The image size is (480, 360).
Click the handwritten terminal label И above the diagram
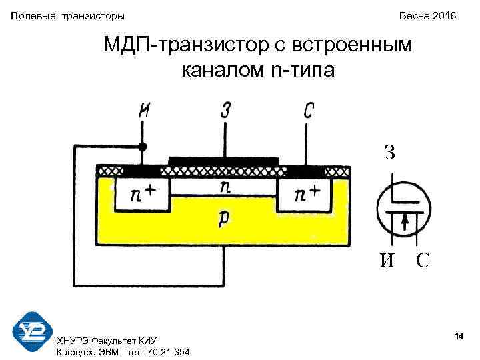click(x=144, y=111)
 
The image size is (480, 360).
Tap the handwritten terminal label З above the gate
click(x=225, y=111)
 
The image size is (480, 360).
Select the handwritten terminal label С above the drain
click(x=308, y=111)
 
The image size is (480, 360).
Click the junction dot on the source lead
click(x=143, y=145)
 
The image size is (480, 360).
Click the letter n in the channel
click(x=226, y=187)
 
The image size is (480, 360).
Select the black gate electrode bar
click(x=223, y=161)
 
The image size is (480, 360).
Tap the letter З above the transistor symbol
click(x=389, y=152)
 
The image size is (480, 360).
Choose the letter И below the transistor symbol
click(x=387, y=261)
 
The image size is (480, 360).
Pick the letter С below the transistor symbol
click(x=423, y=260)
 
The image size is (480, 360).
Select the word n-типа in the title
click(x=304, y=68)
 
